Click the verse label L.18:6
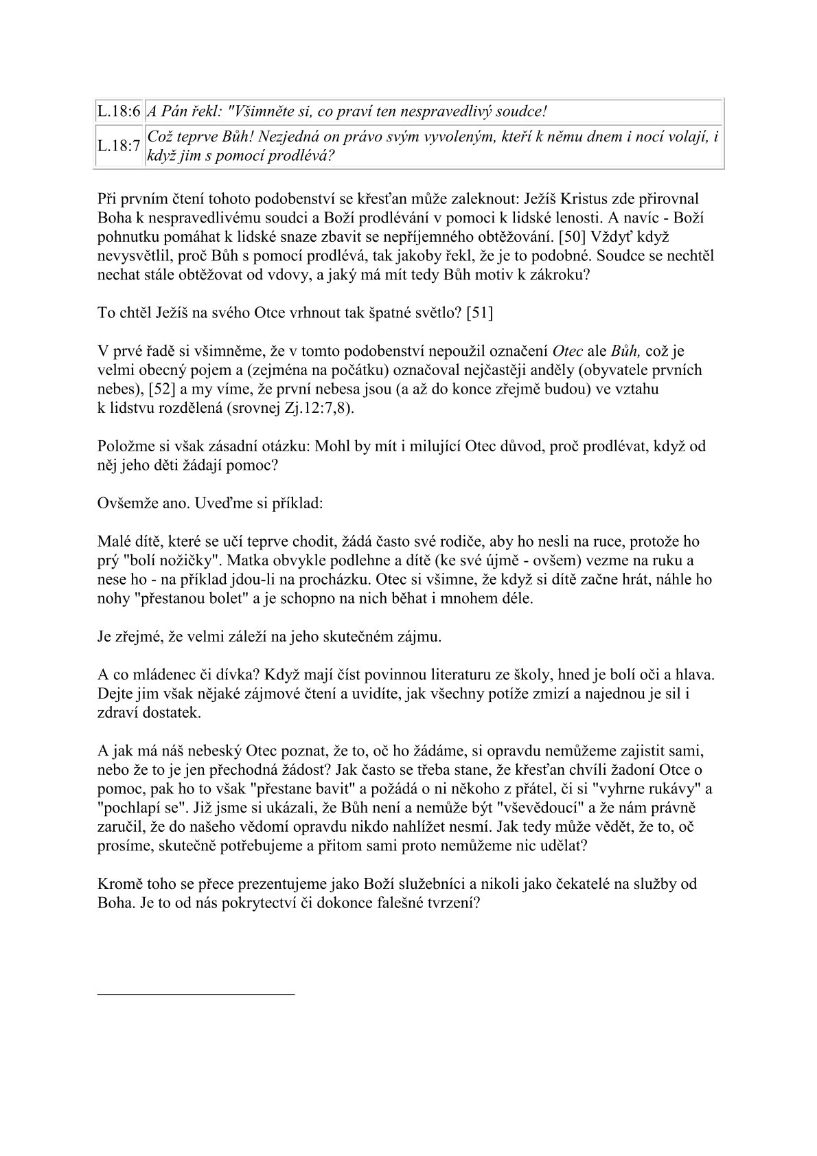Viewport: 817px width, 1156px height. click(x=119, y=111)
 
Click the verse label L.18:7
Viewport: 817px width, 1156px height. click(x=119, y=146)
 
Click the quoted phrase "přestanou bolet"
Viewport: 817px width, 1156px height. click(x=172, y=598)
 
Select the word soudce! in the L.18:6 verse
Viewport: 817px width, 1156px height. click(x=523, y=111)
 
